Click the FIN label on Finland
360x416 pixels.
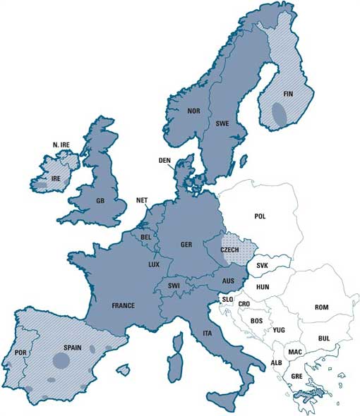288,93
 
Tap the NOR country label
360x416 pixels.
194,111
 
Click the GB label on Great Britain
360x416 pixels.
101,201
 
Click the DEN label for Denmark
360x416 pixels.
164,160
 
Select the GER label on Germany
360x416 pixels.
186,245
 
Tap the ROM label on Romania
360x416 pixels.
321,307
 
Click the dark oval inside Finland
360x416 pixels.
280,112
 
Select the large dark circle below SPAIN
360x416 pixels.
61,362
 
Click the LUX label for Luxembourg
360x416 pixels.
154,264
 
